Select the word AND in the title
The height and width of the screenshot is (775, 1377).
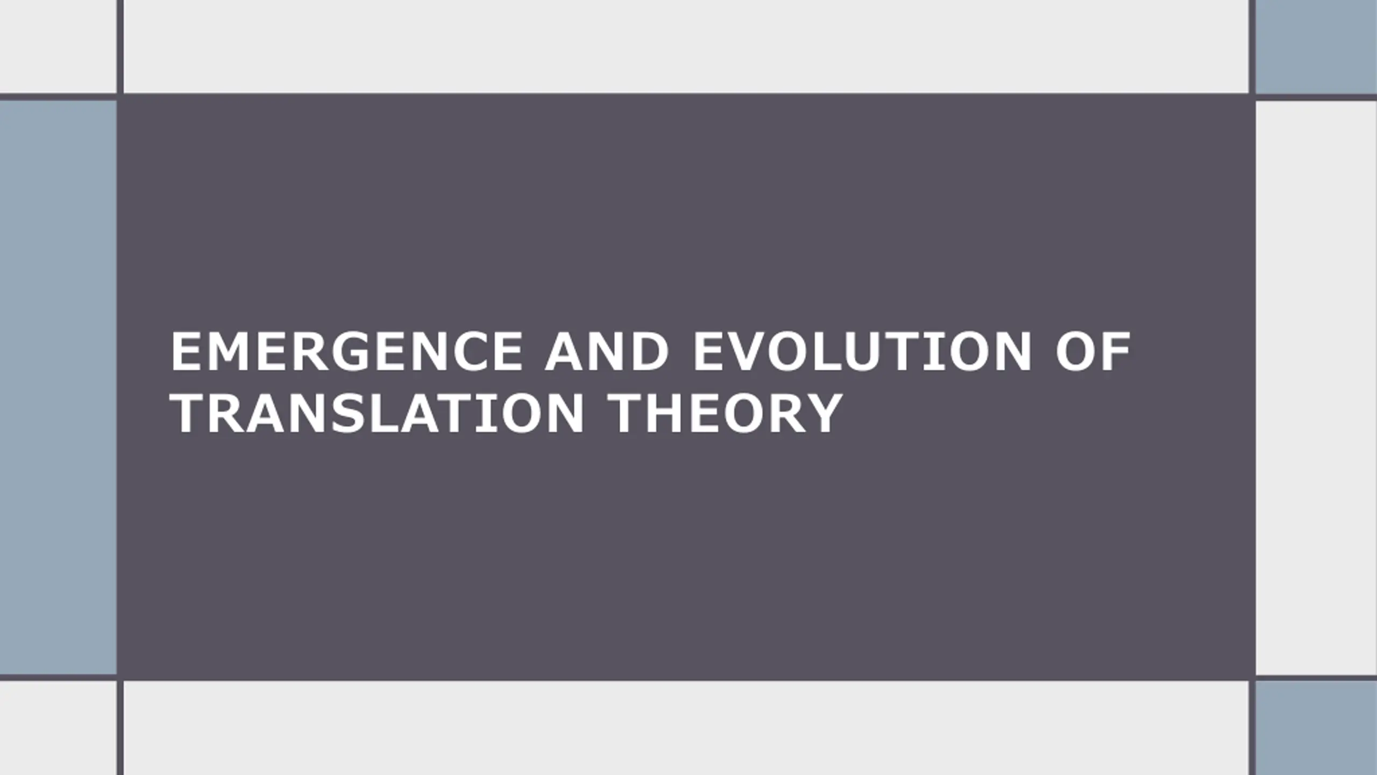607,351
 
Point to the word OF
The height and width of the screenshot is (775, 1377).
1093,351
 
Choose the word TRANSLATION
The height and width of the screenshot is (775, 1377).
377,413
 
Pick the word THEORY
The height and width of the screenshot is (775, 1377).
726,413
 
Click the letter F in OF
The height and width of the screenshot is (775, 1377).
1116,351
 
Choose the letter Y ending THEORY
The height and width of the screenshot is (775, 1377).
824,413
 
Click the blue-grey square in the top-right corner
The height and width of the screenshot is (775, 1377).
1316,47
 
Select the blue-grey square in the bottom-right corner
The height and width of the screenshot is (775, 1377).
1316,728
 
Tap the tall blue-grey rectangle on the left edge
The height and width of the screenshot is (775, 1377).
58,387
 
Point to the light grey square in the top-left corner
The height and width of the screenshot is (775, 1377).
58,46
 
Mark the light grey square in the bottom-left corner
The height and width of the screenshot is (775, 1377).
58,728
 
